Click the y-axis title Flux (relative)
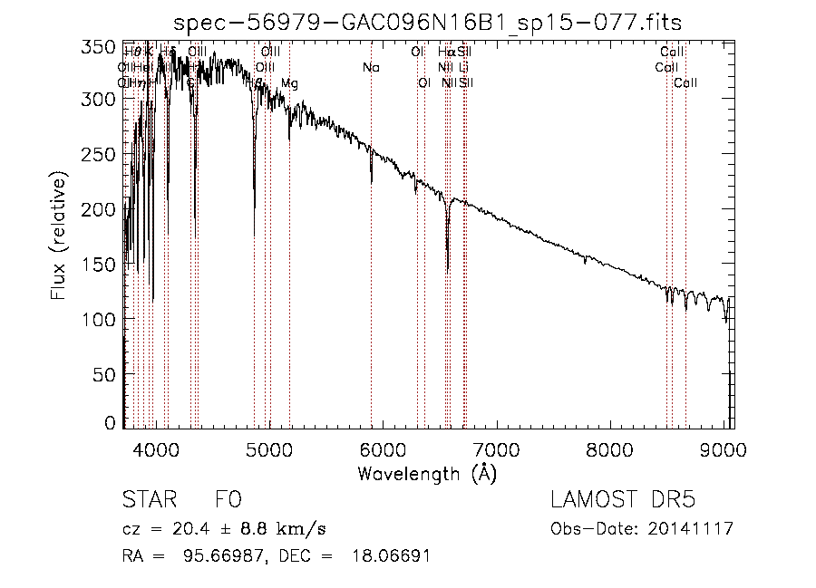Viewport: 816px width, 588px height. click(59, 238)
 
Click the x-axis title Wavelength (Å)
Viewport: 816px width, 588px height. click(427, 473)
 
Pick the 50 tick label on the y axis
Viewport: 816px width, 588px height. click(105, 374)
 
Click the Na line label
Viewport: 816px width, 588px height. click(371, 67)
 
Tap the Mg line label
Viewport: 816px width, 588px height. click(289, 83)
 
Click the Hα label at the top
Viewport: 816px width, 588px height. click(446, 52)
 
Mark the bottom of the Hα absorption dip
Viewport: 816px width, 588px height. click(448, 269)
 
